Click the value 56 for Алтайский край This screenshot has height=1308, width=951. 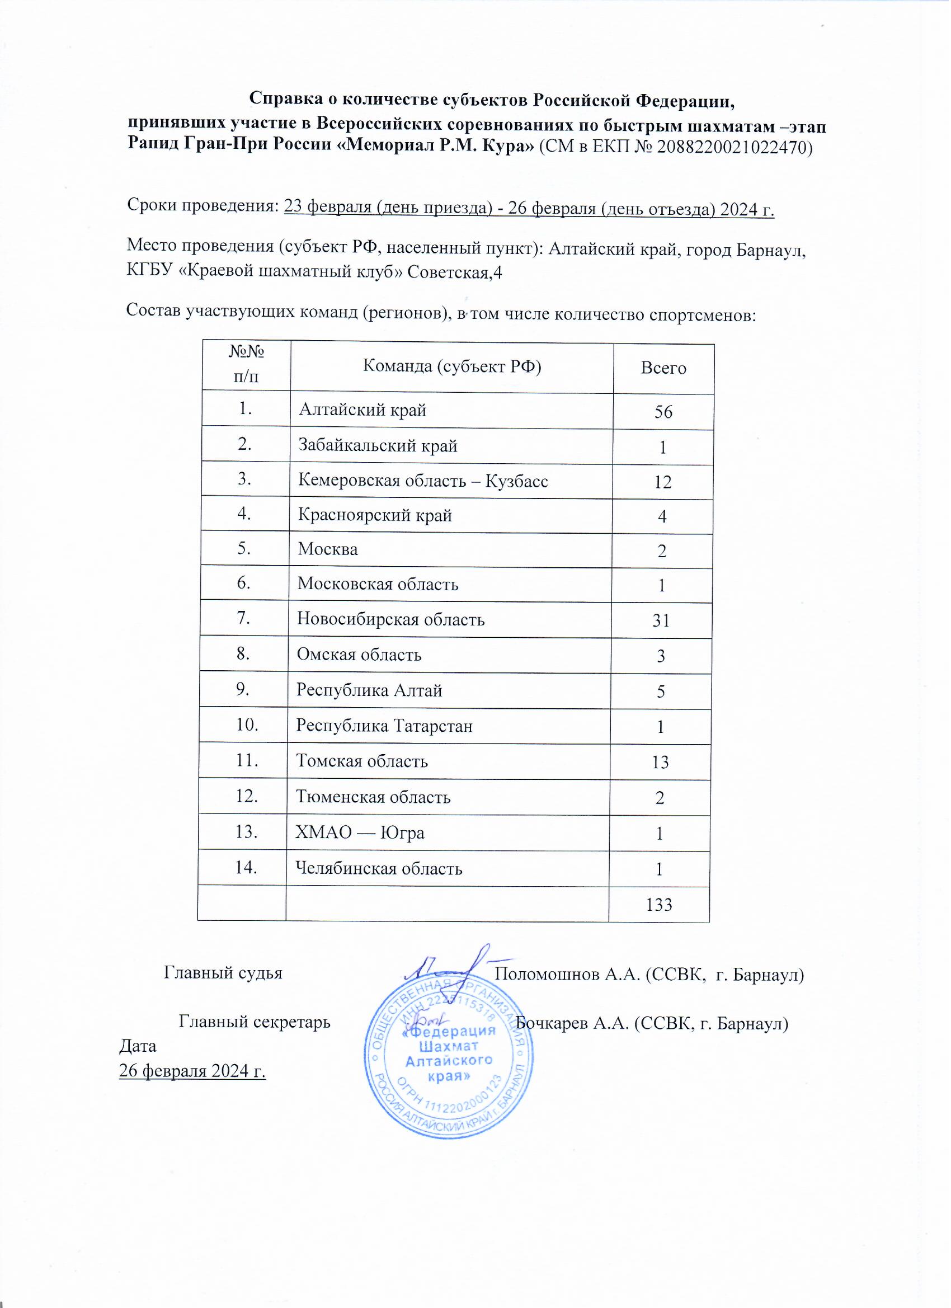tap(664, 412)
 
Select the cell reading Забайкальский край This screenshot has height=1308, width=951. tap(378, 446)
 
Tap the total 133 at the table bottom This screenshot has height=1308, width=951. tap(659, 904)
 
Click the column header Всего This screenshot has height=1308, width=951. tap(664, 368)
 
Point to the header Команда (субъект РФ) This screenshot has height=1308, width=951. tap(451, 366)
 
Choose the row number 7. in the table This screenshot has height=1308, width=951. tap(244, 618)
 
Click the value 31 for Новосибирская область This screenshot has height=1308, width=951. tap(661, 620)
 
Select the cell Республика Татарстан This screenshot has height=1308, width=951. tap(384, 726)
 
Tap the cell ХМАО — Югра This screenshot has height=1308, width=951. tap(360, 833)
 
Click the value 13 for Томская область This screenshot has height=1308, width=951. tap(660, 763)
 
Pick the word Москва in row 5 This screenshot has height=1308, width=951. tap(328, 549)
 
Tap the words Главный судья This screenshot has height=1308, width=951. tap(223, 973)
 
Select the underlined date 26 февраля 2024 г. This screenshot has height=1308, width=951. tap(192, 1071)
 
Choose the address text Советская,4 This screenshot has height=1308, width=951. tap(455, 272)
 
